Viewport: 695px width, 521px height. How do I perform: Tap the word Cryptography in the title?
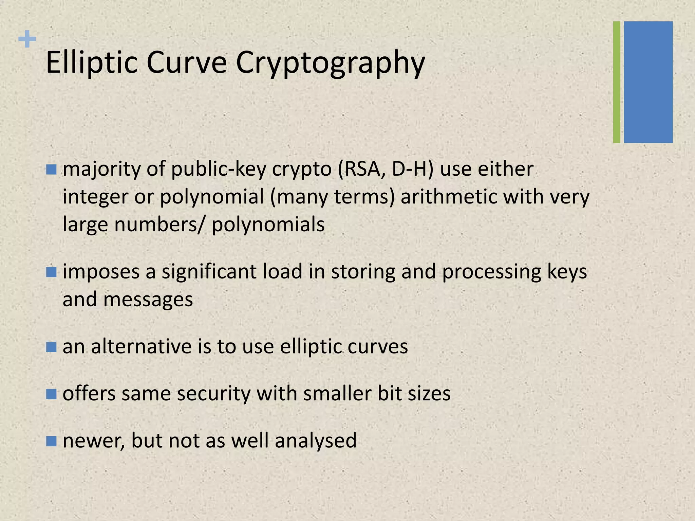[330, 63]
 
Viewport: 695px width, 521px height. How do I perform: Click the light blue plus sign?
[27, 39]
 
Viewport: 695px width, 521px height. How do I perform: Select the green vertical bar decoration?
[616, 82]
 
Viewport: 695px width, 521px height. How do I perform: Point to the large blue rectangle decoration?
[648, 82]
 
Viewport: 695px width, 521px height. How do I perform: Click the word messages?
[148, 300]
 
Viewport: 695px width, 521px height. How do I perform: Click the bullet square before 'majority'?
[51, 170]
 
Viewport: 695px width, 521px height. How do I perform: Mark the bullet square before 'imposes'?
[51, 272]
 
